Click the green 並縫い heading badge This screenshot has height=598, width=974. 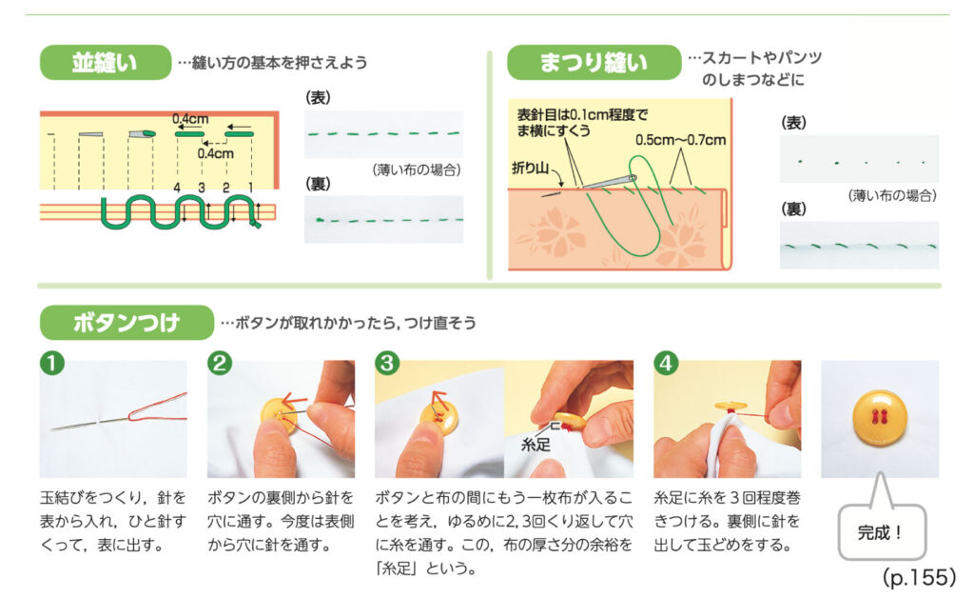pos(105,63)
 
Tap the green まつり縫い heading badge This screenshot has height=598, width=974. pos(593,63)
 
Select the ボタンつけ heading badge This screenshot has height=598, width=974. pos(126,323)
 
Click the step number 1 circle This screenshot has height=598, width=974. pos(51,363)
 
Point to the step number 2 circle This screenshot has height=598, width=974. pos(219,363)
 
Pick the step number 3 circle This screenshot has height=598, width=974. pos(386,363)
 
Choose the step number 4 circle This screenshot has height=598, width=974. pos(665,363)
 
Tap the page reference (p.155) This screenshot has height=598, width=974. pos(918,577)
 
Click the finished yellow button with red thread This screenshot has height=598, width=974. pos(879,417)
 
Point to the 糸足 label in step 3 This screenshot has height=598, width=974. pos(536,444)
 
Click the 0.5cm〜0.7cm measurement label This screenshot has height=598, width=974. pos(680,140)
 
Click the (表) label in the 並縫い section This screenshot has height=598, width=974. pos(318,97)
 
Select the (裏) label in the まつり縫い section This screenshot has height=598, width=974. pos(793,208)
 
